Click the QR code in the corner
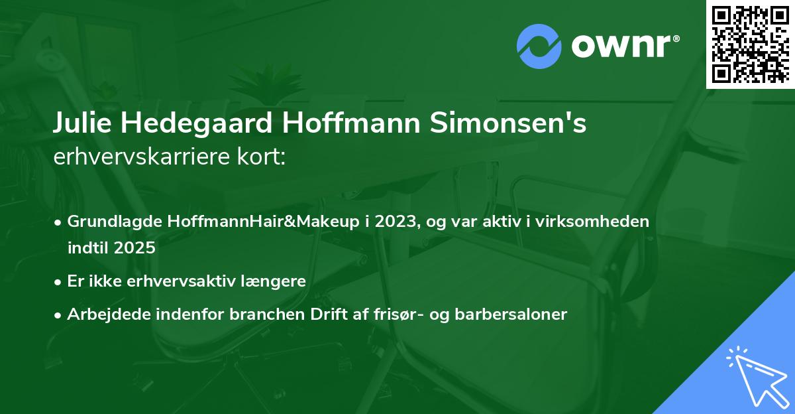tap(750, 44)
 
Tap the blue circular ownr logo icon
tap(539, 46)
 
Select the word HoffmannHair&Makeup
tap(240, 222)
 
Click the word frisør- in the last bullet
tap(400, 314)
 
